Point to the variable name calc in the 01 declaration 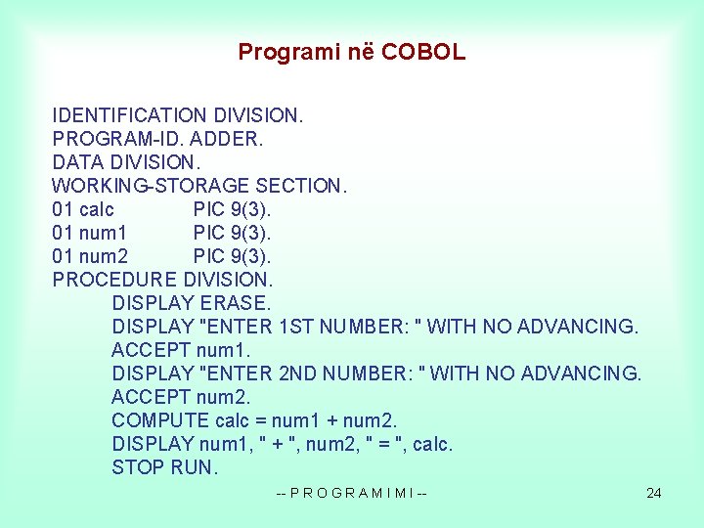tap(96, 209)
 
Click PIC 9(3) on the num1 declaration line tap(233, 233)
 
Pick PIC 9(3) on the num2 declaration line tap(233, 256)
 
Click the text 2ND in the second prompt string tap(299, 374)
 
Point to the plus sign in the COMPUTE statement tap(333, 420)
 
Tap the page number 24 tap(654, 493)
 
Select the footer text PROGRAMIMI tap(352, 493)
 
